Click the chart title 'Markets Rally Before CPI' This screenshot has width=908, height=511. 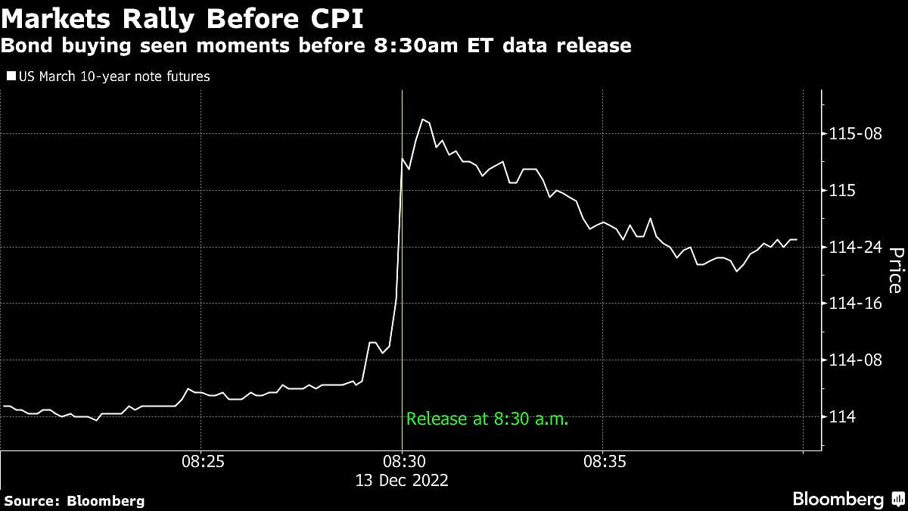point(181,17)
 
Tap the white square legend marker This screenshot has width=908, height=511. point(11,76)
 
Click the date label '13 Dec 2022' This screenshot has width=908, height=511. point(402,480)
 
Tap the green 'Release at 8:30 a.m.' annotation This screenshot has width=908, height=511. point(487,418)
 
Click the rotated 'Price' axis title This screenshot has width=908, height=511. point(894,270)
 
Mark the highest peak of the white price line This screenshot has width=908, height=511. point(423,119)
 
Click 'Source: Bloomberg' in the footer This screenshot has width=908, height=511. point(74,500)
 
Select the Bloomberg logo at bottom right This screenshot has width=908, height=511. point(848,500)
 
